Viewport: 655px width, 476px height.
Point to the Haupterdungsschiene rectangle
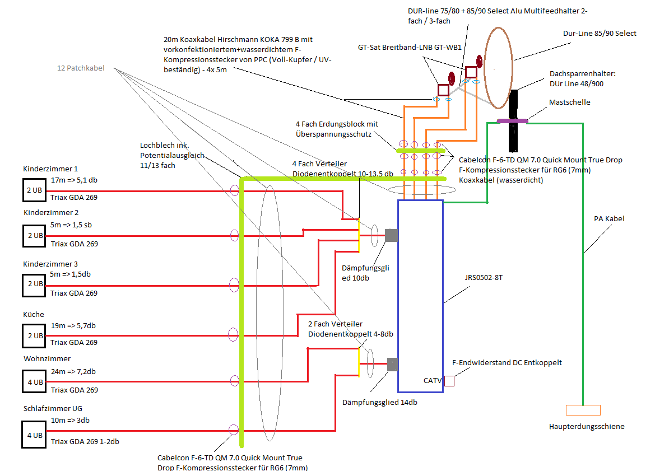[583, 410]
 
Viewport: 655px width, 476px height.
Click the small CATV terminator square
[449, 381]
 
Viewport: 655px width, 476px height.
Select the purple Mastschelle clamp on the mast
[512, 121]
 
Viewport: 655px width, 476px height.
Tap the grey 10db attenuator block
[391, 236]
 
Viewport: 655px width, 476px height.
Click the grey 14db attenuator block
[392, 365]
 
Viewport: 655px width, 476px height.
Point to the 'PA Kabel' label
[609, 219]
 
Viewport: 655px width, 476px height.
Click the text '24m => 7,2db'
[73, 372]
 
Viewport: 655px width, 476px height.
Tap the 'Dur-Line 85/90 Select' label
[600, 34]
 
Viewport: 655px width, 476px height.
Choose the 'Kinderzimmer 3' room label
[50, 264]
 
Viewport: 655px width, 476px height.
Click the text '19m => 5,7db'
[73, 325]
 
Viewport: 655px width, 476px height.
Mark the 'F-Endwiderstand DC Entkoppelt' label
[507, 363]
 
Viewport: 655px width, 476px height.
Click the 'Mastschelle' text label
[569, 103]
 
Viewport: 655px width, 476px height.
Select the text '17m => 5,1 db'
[73, 180]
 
